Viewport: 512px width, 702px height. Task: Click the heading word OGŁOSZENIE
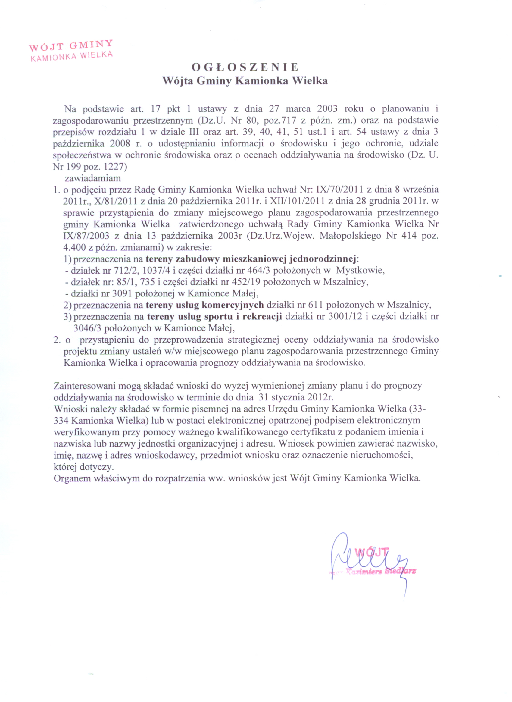pyautogui.click(x=245, y=67)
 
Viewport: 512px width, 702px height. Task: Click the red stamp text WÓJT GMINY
pyautogui.click(x=71, y=45)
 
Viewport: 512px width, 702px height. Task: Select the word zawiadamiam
pyautogui.click(x=93, y=179)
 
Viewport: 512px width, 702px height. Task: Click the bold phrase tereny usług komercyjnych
pyautogui.click(x=205, y=305)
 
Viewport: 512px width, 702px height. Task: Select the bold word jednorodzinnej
pyautogui.click(x=323, y=259)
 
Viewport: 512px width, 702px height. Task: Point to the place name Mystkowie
pyautogui.click(x=360, y=270)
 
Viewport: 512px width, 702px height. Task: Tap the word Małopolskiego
pyautogui.click(x=350, y=236)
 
